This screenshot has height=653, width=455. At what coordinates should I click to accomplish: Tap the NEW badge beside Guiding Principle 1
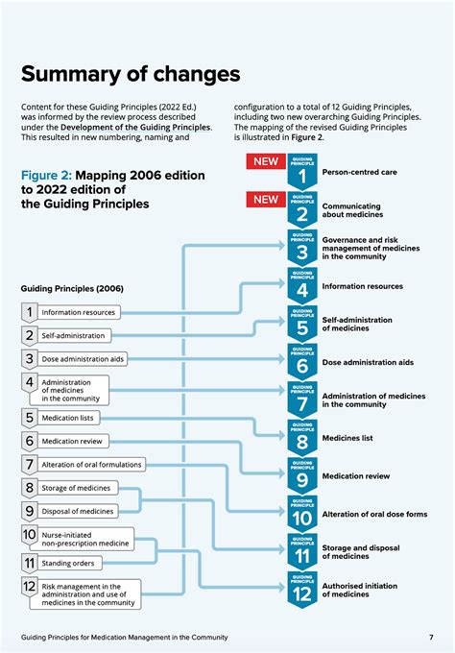coord(265,161)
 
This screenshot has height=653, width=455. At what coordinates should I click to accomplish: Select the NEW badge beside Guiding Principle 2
coord(265,199)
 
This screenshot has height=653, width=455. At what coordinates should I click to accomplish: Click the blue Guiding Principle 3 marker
coord(301,248)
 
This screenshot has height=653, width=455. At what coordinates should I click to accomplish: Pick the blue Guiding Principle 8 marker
coord(301,436)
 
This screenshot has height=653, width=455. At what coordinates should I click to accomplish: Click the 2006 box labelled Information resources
coord(79,312)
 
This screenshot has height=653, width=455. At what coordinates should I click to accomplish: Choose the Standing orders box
coord(73,562)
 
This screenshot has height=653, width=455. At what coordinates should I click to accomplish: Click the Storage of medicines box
coord(76,488)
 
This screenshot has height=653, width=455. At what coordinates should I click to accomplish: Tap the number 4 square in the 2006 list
coord(30,383)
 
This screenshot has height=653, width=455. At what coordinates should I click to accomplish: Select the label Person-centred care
coord(360,173)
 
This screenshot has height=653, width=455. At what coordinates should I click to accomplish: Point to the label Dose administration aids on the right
coord(368,362)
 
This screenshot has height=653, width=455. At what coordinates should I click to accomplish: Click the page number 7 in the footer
coord(431,637)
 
